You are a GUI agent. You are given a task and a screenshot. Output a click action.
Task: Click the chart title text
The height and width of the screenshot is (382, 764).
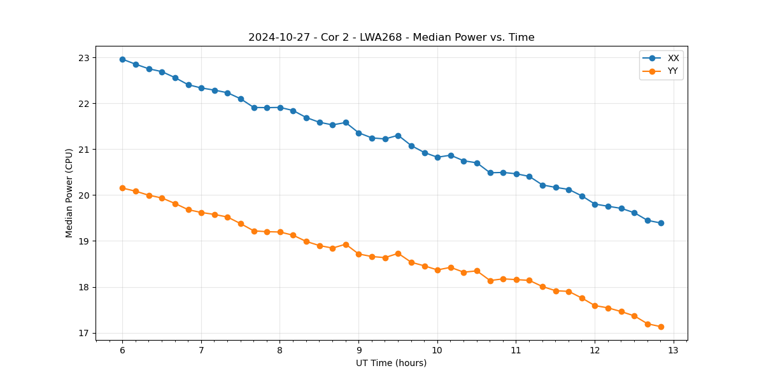[391, 38]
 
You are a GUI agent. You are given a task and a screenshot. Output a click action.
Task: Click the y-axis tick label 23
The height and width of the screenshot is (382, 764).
[84, 58]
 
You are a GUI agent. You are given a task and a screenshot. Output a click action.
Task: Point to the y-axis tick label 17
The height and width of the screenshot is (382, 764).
[84, 333]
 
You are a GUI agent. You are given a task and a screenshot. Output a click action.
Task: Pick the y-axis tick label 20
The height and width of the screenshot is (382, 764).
[84, 195]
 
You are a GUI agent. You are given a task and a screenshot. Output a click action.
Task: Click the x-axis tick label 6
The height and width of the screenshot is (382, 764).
[122, 350]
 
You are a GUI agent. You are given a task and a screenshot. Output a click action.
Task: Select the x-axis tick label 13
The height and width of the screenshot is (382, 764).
[674, 350]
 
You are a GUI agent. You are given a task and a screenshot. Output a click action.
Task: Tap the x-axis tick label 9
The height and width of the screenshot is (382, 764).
[358, 350]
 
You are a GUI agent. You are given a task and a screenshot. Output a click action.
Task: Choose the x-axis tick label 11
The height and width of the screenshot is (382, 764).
[516, 350]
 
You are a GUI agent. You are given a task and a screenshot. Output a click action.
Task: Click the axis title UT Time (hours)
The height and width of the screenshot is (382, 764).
[391, 363]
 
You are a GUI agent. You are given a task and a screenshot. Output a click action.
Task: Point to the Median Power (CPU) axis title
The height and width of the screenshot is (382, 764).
[69, 193]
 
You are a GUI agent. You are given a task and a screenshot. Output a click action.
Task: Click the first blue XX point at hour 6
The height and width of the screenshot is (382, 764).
[122, 59]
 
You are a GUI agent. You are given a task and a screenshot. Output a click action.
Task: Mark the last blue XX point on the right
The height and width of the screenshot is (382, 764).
[661, 223]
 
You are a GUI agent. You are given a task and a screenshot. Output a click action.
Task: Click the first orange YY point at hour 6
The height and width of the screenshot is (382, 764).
[122, 188]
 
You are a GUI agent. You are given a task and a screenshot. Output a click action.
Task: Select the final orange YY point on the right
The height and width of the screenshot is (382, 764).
[661, 327]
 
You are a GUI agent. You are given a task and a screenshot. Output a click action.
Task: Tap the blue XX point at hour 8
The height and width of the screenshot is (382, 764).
[280, 108]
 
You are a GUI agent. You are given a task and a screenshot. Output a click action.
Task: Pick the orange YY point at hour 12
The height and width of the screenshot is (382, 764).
[595, 306]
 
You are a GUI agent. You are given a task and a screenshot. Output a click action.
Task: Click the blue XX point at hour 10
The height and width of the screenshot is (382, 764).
[437, 157]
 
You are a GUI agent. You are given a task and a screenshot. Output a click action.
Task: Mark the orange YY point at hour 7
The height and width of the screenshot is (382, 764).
[201, 213]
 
